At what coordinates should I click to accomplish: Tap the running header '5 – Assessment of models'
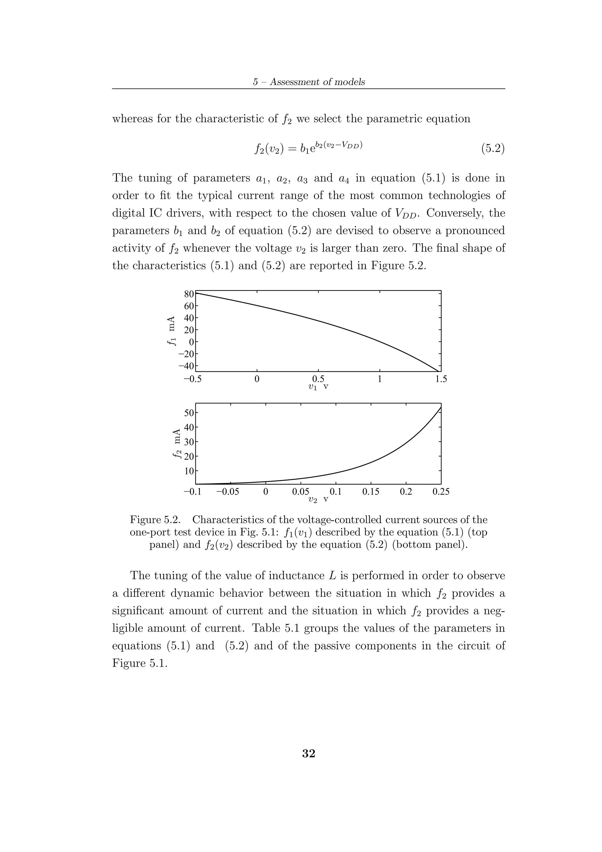tap(309, 82)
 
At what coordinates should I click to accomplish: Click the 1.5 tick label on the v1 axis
tap(441, 379)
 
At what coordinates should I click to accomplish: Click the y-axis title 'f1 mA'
tap(171, 331)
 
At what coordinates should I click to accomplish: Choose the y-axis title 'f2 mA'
tap(177, 443)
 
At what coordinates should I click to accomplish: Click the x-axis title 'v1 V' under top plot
tap(318, 387)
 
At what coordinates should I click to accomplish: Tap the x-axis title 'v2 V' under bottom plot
tap(318, 499)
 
